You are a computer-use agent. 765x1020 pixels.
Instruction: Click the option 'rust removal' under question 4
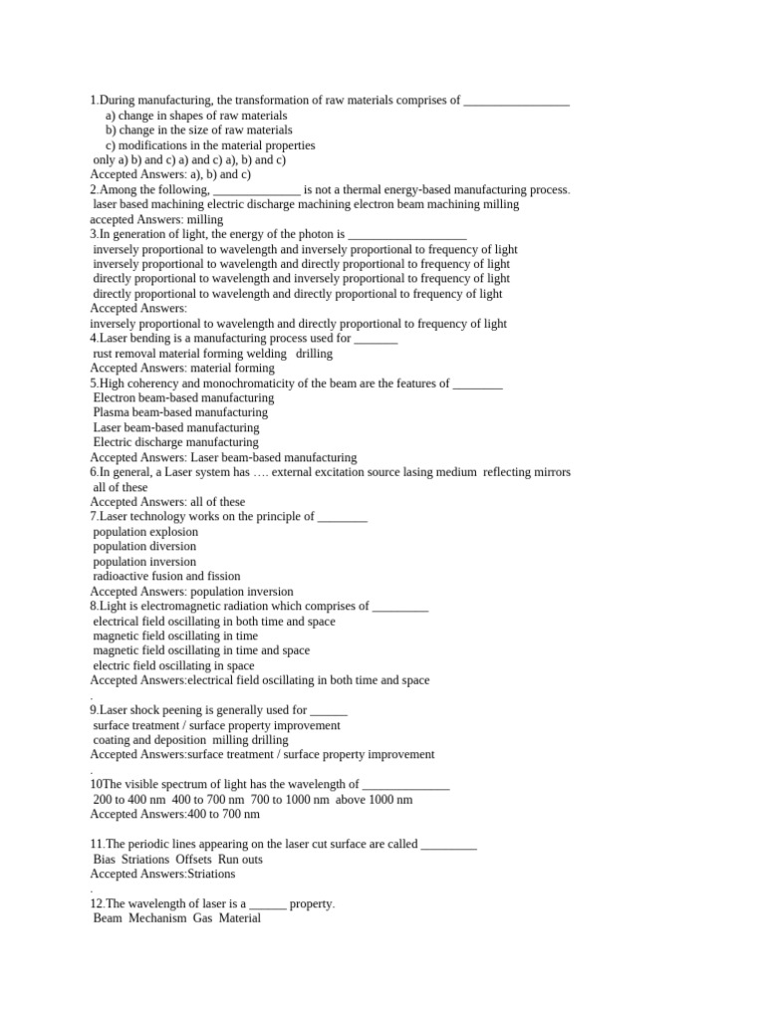127,354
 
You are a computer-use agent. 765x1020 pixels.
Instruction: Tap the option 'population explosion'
145,532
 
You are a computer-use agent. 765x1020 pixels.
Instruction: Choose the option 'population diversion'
144,547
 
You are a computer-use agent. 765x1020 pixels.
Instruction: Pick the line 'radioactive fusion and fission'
166,576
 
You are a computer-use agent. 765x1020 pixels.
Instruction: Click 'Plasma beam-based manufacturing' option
180,412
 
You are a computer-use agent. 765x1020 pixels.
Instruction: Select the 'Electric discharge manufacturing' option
175,442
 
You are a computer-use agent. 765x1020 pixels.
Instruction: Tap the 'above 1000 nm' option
375,800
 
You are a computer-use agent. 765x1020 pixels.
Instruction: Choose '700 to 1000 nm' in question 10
288,800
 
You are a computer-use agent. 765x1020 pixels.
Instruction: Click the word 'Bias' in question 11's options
105,859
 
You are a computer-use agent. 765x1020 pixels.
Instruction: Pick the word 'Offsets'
193,859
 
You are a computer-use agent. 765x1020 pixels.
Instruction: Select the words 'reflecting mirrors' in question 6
527,472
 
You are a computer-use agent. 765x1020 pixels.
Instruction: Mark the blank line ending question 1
517,102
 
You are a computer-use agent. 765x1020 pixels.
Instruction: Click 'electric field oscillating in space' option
173,665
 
